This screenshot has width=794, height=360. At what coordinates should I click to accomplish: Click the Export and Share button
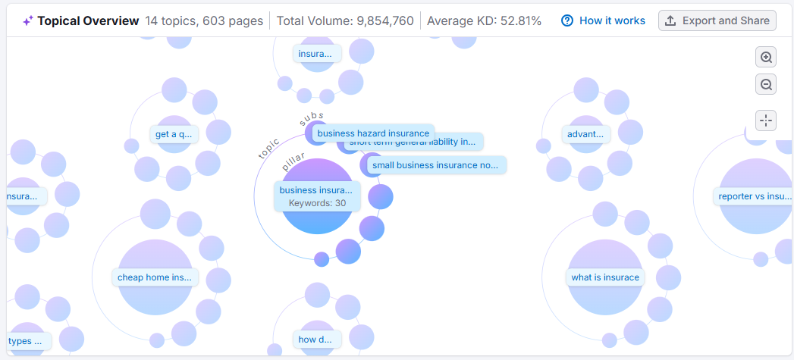pyautogui.click(x=717, y=20)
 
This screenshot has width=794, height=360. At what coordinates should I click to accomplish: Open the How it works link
pyautogui.click(x=604, y=20)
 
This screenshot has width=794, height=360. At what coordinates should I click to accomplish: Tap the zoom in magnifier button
pyautogui.click(x=766, y=58)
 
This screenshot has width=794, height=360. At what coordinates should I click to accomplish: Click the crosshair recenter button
pyautogui.click(x=766, y=120)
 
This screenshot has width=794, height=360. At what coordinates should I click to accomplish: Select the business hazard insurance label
pyautogui.click(x=373, y=133)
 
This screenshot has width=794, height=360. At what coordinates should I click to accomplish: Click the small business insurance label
pyautogui.click(x=435, y=164)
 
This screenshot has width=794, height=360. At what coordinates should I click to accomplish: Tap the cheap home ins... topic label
pyautogui.click(x=155, y=277)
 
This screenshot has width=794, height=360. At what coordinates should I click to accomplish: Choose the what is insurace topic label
pyautogui.click(x=605, y=277)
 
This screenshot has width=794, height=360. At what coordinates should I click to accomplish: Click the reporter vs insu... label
pyautogui.click(x=755, y=196)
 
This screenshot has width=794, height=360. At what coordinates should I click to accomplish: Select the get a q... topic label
pyautogui.click(x=174, y=135)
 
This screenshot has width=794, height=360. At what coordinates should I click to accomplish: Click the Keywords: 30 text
pyautogui.click(x=317, y=203)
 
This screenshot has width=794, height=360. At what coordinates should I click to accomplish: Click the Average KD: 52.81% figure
pyautogui.click(x=484, y=20)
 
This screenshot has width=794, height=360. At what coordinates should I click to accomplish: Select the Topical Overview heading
pyautogui.click(x=88, y=20)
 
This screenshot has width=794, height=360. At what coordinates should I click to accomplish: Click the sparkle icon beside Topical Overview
pyautogui.click(x=27, y=20)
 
